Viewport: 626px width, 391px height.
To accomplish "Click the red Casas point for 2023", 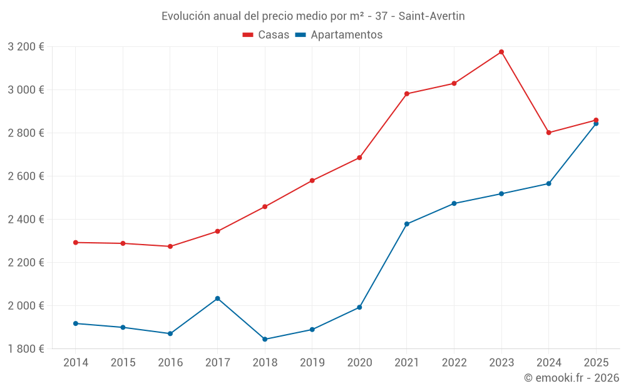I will [501, 52].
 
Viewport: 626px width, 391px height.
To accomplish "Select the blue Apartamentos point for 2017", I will [217, 298].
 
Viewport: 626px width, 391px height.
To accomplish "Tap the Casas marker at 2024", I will [548, 133].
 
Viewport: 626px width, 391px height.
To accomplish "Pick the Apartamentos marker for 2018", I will [265, 339].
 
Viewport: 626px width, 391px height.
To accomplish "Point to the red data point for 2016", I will [170, 246].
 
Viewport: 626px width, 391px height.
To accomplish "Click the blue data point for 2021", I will [407, 224].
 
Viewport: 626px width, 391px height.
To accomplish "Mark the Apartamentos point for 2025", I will [596, 123].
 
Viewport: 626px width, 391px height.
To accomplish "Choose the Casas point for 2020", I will [359, 158].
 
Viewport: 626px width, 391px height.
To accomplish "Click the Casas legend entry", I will [266, 35].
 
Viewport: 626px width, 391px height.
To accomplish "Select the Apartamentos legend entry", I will [339, 35].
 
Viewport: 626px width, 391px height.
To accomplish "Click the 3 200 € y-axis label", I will [26, 47].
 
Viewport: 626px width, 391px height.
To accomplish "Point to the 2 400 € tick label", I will [26, 220].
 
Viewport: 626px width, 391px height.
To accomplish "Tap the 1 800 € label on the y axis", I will [26, 349].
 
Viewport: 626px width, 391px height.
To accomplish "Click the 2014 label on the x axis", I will [76, 363].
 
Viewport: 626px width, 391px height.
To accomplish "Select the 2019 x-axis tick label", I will [312, 363].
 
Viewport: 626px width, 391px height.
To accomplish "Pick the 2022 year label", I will [454, 363].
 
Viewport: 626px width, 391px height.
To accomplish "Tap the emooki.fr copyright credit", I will [571, 378].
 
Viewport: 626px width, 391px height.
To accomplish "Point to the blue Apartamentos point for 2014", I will [76, 323].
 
